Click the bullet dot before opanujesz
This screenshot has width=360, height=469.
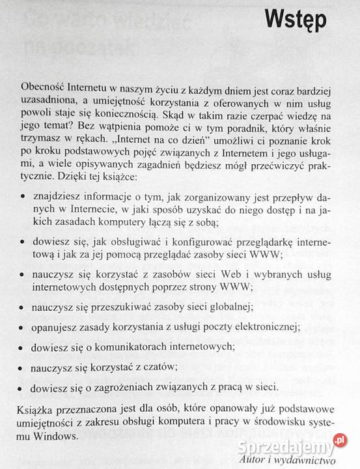pyautogui.click(x=24, y=326)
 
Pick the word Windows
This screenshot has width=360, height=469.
pyautogui.click(x=58, y=436)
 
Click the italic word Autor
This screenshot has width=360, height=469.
pyautogui.click(x=251, y=459)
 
